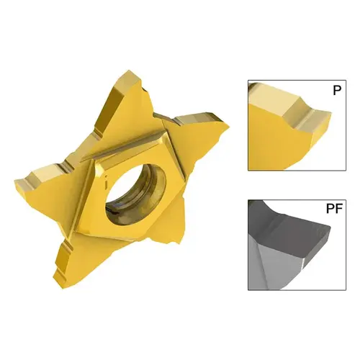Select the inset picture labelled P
point(291,125)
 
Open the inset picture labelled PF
point(291,244)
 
